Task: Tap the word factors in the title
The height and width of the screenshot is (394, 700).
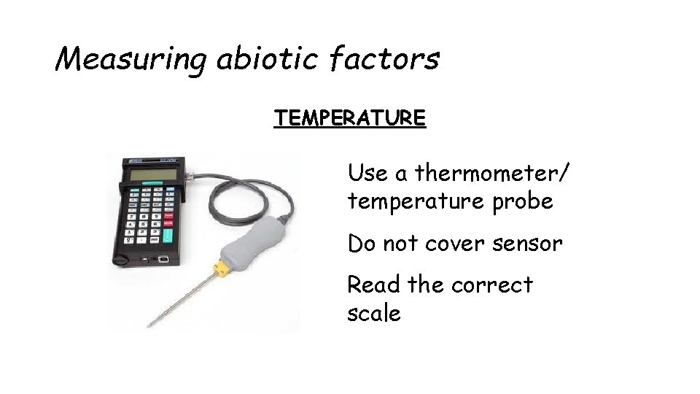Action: pos(384,58)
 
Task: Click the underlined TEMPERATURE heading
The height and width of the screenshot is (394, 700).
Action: pos(349,117)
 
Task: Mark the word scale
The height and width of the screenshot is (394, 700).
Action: pos(374,314)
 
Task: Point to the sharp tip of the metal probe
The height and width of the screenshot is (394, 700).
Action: pos(149,325)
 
